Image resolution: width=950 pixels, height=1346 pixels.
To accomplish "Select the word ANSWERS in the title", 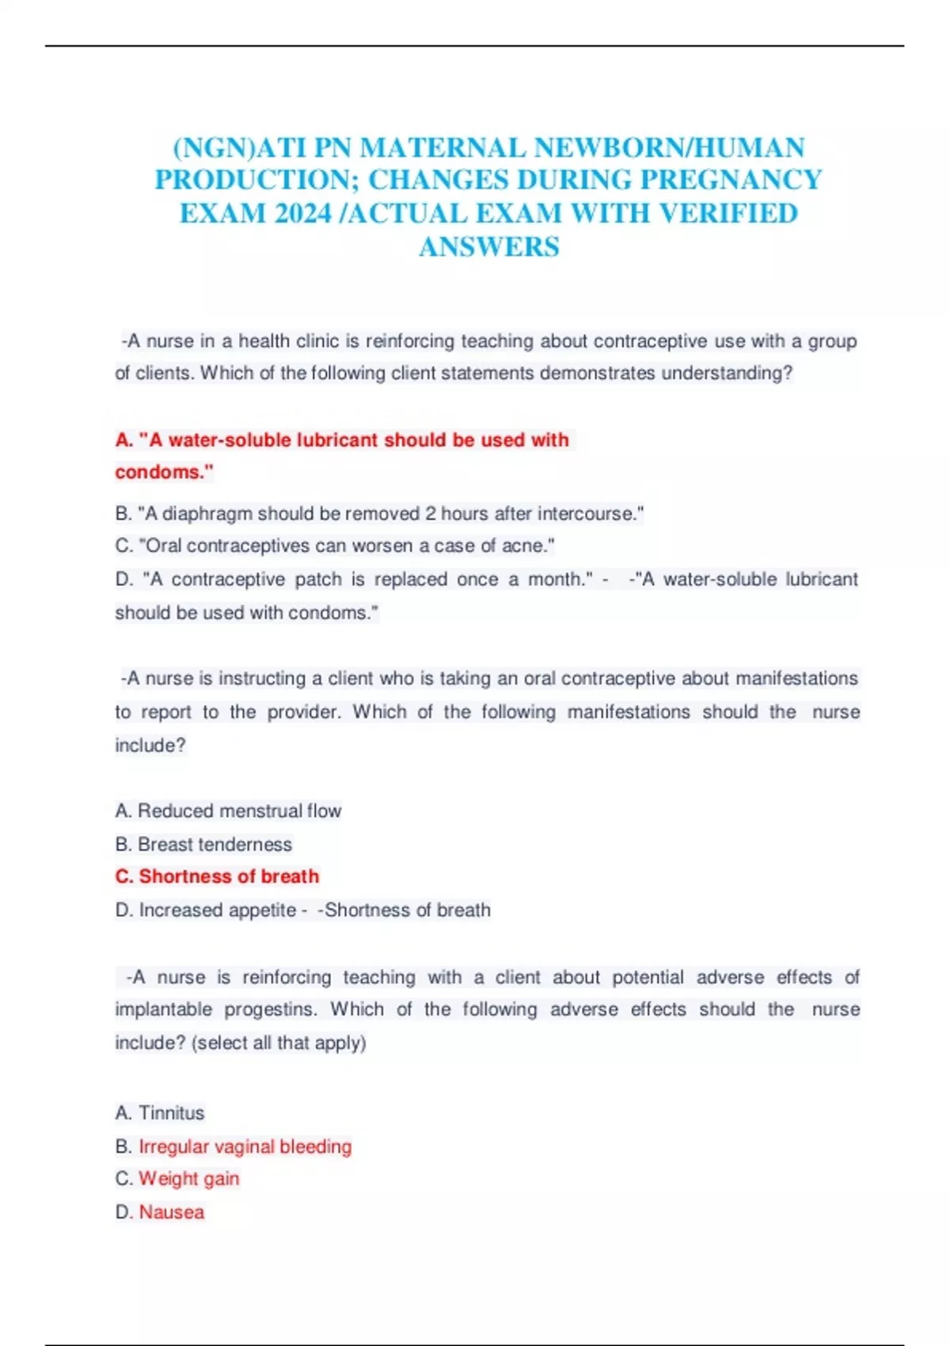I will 488,247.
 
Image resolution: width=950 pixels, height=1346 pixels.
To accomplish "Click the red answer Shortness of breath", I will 229,876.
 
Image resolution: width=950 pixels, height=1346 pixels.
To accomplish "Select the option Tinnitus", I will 171,1112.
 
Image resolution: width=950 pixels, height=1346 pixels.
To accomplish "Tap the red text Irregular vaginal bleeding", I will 245,1146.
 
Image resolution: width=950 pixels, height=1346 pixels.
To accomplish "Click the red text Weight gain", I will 189,1179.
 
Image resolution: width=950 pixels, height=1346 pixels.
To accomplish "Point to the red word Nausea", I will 172,1212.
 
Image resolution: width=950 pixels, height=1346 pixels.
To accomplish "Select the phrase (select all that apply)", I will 279,1043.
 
